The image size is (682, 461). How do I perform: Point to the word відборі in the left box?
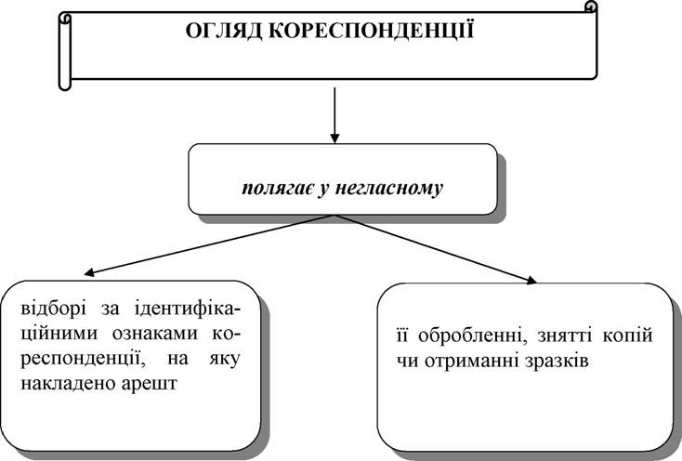click(x=53, y=310)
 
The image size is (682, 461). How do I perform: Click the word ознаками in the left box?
click(x=155, y=334)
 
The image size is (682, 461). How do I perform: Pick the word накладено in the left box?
click(x=65, y=384)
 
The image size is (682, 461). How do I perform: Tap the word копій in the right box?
click(x=628, y=336)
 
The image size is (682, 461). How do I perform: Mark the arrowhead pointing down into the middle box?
click(x=334, y=138)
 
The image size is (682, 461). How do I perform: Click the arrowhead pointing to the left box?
click(x=89, y=272)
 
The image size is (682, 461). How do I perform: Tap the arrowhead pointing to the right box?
click(x=531, y=280)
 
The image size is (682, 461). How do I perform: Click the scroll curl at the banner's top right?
click(x=590, y=7)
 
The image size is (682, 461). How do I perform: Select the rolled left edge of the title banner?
click(x=65, y=51)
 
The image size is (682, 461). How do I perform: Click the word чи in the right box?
click(x=407, y=362)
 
